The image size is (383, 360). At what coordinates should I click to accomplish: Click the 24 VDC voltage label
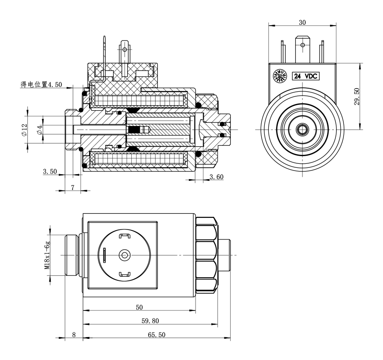(x=306, y=76)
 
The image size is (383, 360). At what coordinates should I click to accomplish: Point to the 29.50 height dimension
(x=356, y=96)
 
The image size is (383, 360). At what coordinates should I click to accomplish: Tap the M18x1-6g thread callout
(x=47, y=255)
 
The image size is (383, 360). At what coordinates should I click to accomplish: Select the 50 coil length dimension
(x=139, y=307)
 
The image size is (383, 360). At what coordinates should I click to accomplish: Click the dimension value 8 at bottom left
(x=74, y=335)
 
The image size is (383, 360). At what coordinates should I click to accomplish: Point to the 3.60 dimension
(x=216, y=177)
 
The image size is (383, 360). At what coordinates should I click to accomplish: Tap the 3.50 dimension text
(x=49, y=171)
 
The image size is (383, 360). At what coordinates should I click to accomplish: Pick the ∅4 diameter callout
(x=40, y=129)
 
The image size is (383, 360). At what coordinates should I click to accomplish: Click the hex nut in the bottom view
(x=207, y=255)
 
